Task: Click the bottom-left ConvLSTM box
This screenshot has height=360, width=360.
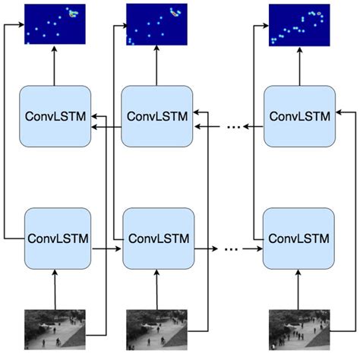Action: pos(58,238)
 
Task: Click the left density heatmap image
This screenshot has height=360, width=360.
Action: pos(55,24)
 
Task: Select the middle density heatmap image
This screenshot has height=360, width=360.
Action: pos(156,24)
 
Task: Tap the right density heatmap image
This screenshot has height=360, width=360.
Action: pos(301,24)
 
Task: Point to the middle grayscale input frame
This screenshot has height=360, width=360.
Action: pos(156,328)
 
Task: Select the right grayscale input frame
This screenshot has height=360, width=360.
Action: pos(299,328)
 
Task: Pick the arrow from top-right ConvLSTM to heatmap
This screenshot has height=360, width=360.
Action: pos(300,65)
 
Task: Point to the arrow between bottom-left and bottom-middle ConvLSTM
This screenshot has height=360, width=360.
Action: pos(106,247)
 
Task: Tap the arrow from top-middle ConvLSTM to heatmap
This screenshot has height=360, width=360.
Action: pos(156,65)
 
